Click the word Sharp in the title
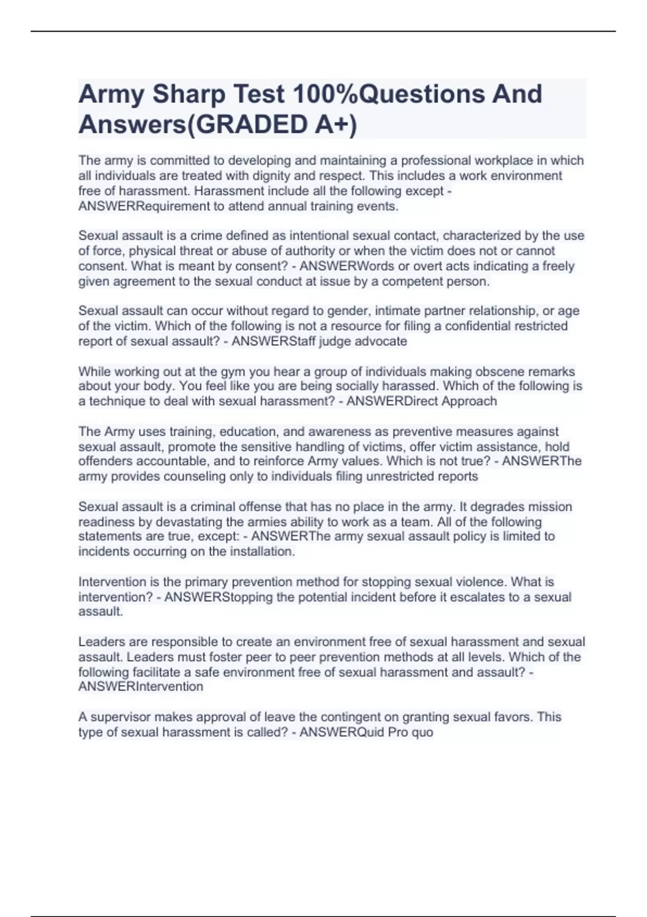click(x=189, y=94)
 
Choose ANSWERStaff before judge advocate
click(x=273, y=341)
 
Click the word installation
click(x=263, y=551)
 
